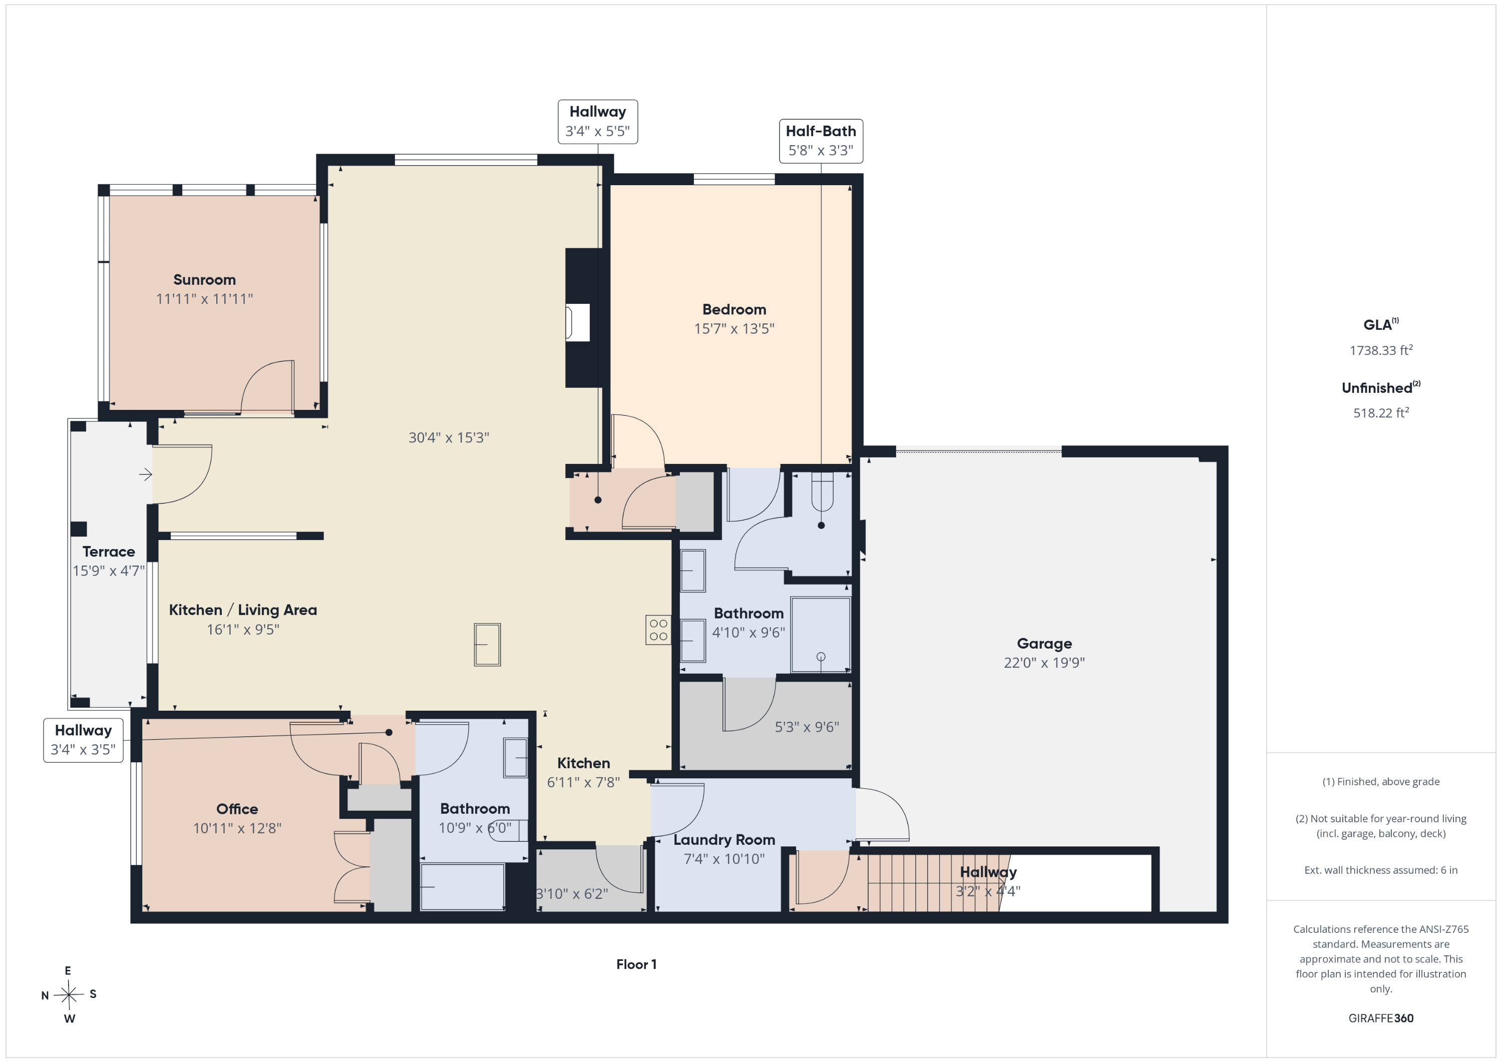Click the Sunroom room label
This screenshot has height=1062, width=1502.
tap(204, 280)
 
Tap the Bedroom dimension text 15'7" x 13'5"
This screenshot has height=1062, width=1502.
tap(734, 328)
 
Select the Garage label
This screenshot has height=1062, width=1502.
tap(1044, 644)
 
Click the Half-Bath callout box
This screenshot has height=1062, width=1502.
tap(821, 141)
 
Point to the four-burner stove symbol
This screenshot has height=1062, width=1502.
tap(658, 630)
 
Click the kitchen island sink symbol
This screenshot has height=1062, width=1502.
tap(487, 645)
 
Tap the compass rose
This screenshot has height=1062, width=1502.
tap(69, 994)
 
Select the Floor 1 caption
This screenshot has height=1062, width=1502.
tap(636, 964)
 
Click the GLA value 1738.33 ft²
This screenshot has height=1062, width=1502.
tap(1380, 350)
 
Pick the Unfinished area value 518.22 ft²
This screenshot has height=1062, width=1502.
tap(1380, 412)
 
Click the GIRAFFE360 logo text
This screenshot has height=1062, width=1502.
tap(1380, 1018)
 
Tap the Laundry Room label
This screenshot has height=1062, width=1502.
tap(724, 840)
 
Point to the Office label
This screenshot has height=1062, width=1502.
tap(237, 809)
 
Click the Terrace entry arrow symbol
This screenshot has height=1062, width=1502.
tap(146, 474)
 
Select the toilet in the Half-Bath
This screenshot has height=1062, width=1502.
tap(822, 492)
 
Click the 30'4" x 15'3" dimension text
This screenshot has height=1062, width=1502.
tap(449, 437)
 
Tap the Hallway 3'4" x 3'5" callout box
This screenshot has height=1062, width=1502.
tap(83, 740)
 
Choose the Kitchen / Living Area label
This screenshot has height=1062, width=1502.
tap(243, 610)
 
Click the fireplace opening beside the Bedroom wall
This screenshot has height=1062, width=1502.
tap(578, 322)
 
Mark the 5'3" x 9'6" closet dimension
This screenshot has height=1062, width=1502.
tap(807, 727)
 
